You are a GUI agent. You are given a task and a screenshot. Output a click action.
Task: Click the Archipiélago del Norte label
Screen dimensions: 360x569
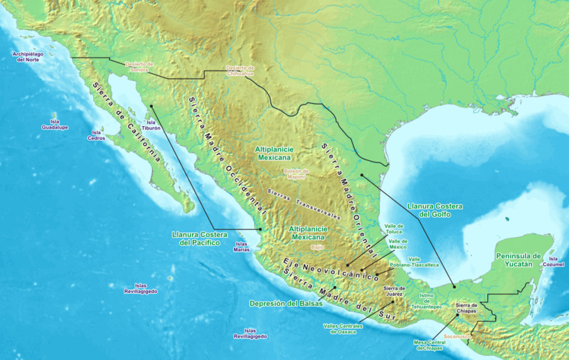34,57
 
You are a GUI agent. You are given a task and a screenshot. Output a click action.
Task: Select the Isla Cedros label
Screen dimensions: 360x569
96,135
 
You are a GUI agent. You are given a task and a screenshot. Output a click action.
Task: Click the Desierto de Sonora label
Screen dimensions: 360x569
140,66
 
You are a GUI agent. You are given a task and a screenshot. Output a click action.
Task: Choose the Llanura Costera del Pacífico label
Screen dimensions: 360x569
196,238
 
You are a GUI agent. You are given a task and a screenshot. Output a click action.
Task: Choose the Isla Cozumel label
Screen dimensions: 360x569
555,261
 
